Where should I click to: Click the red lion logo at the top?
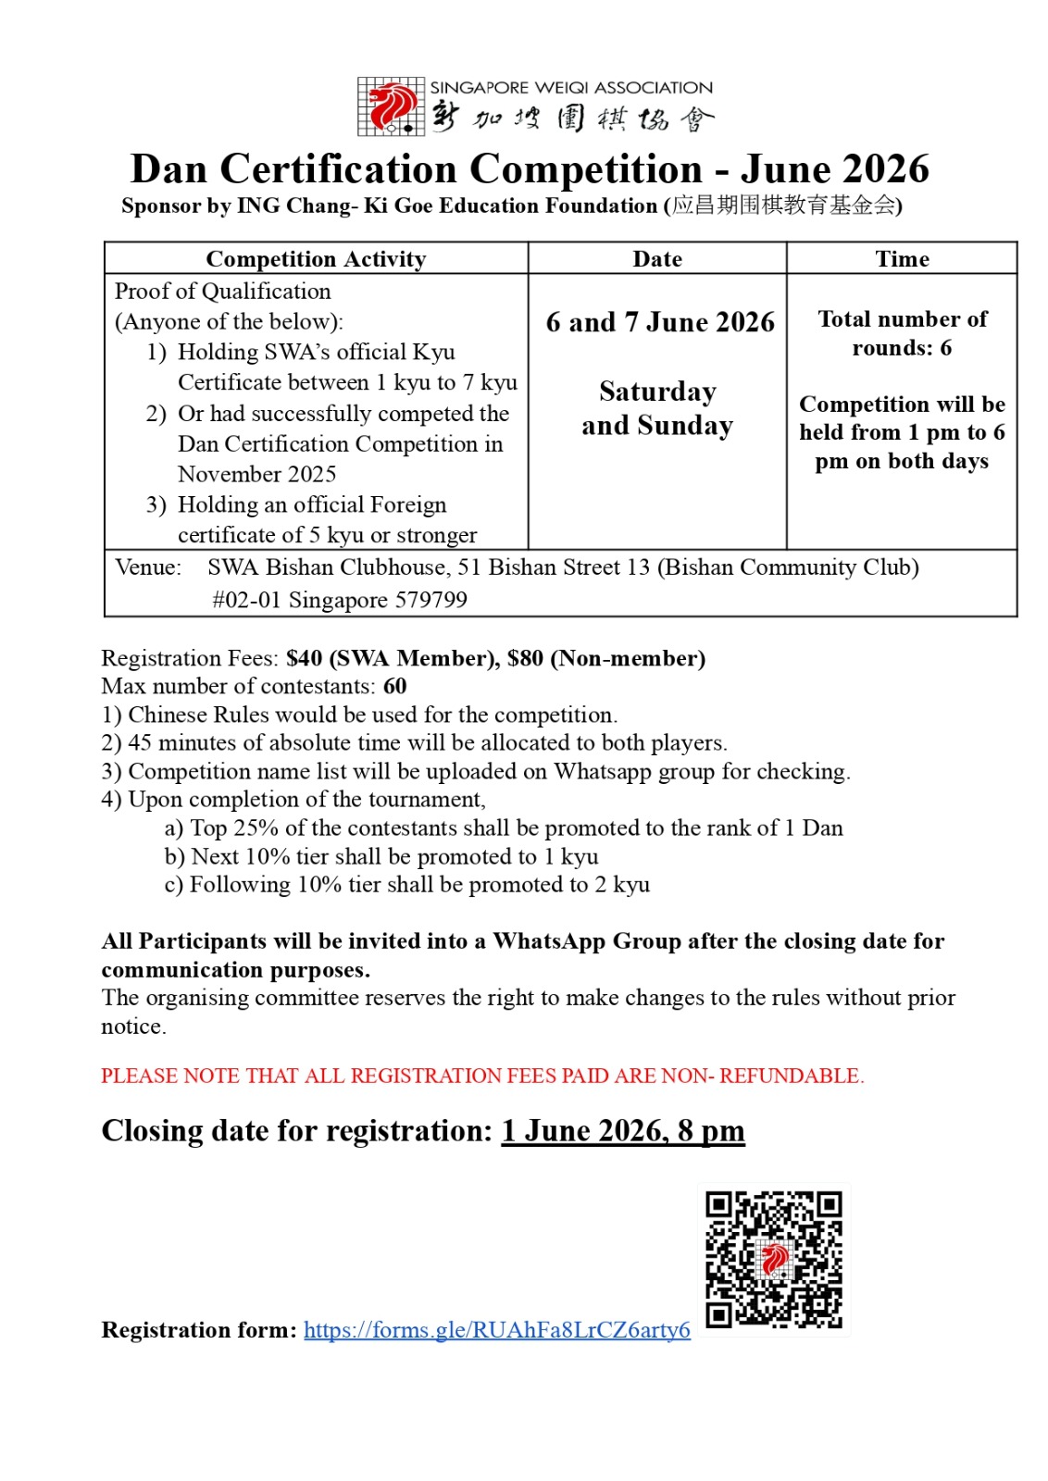pos(392,106)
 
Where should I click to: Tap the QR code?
pos(774,1259)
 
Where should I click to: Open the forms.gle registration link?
pos(496,1330)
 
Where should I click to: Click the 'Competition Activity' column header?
pos(316,259)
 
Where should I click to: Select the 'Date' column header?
pos(657,259)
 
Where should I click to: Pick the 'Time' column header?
pos(902,259)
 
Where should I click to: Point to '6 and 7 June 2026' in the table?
pos(659,322)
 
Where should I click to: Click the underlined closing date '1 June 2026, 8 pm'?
pos(622,1131)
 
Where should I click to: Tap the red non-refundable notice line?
pos(482,1076)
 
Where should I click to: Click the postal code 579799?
pos(430,600)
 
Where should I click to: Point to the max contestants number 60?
pos(395,686)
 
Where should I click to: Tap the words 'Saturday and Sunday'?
pos(657,408)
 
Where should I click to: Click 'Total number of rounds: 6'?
pos(902,333)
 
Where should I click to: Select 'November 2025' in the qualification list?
pos(256,474)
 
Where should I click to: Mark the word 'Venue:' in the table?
pos(148,567)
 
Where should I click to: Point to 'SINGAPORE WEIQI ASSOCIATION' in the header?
pos(571,88)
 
